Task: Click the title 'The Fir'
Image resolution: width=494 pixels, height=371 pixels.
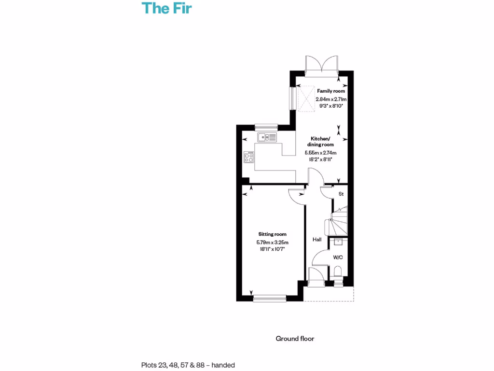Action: pyautogui.click(x=166, y=8)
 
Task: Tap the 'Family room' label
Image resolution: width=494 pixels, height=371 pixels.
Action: pyautogui.click(x=330, y=91)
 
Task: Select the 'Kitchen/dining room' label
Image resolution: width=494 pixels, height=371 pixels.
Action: pyautogui.click(x=321, y=142)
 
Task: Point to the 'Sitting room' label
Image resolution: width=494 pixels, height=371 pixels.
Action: pyautogui.click(x=272, y=234)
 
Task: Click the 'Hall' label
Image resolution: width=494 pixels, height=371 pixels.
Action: pyautogui.click(x=317, y=240)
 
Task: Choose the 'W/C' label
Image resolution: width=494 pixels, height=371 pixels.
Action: pyautogui.click(x=338, y=257)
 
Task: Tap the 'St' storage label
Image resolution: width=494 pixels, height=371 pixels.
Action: pyautogui.click(x=341, y=194)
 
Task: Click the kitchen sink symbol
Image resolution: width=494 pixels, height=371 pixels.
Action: pyautogui.click(x=267, y=138)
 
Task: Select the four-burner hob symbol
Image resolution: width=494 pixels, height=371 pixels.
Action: pyautogui.click(x=249, y=158)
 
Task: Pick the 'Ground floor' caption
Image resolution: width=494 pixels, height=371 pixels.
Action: pyautogui.click(x=295, y=339)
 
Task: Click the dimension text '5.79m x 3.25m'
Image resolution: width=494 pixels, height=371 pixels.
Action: pyautogui.click(x=272, y=243)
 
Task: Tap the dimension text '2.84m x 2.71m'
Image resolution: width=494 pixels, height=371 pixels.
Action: pyautogui.click(x=331, y=99)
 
